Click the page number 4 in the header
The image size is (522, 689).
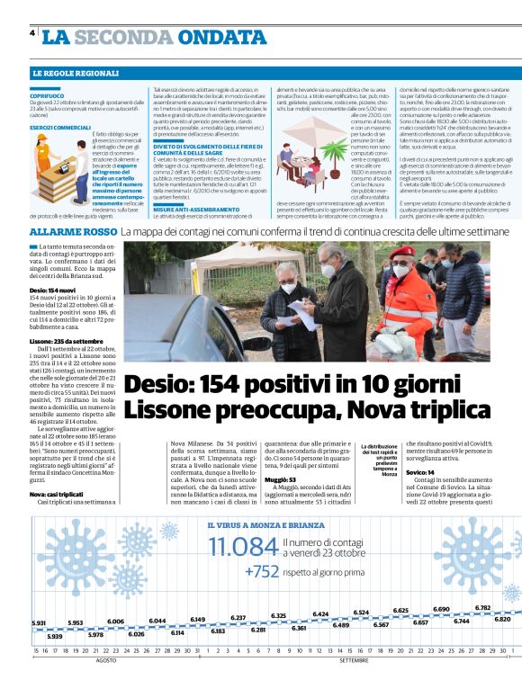coord(32,33)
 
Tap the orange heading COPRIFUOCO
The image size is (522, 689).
coord(46,94)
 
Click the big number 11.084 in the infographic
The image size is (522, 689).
coord(243,546)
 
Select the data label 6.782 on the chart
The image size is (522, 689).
coord(482,607)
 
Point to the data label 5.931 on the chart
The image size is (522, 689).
coord(38,622)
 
